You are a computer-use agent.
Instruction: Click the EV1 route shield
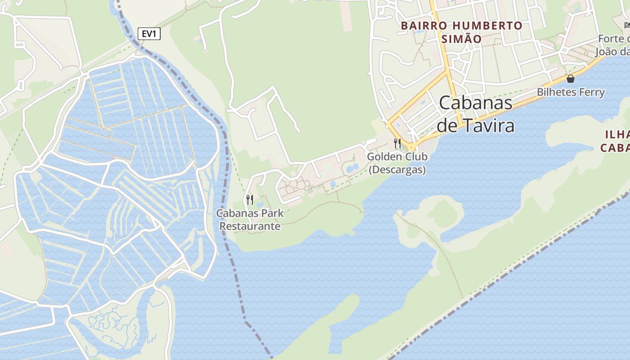click(149, 34)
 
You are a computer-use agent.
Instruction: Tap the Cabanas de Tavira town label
click(476, 114)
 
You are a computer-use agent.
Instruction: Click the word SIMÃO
click(461, 39)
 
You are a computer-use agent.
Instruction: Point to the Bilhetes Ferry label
click(571, 92)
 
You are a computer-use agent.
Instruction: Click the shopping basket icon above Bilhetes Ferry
click(571, 79)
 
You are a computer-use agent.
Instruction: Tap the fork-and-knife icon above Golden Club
click(397, 144)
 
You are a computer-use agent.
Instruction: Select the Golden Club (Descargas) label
click(397, 163)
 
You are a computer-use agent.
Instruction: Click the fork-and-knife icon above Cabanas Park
click(250, 199)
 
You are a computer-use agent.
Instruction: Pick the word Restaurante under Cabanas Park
click(250, 226)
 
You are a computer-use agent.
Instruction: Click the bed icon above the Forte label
click(627, 25)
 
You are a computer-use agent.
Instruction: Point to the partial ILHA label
click(617, 134)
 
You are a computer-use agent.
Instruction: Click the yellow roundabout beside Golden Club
click(411, 147)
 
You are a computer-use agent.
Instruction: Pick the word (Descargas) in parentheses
click(397, 170)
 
